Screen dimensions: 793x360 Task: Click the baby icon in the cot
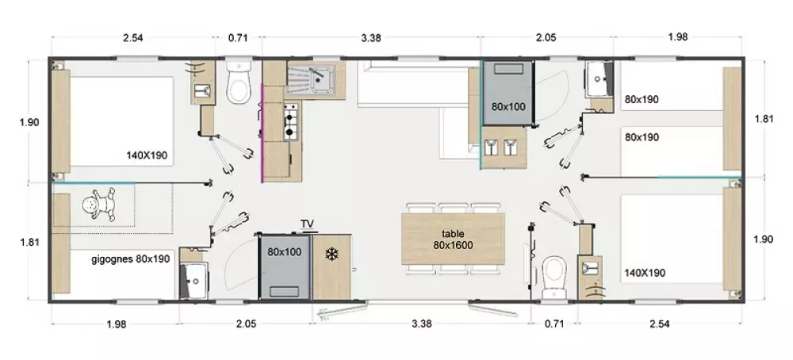(x=98, y=205)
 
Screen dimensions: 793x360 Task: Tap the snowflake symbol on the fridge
(x=331, y=255)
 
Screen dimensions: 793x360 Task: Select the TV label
(x=307, y=224)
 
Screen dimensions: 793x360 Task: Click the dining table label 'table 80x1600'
(x=453, y=239)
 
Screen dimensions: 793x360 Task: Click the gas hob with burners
(x=289, y=121)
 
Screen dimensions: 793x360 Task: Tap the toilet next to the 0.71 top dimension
(x=239, y=82)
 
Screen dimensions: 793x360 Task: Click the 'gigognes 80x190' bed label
(x=131, y=259)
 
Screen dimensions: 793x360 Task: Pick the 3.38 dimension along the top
(x=370, y=37)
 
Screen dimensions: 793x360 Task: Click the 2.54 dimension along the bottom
(x=660, y=324)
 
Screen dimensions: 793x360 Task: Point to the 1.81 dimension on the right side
(x=764, y=119)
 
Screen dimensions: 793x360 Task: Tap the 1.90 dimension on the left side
(x=29, y=122)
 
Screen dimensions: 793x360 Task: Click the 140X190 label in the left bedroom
(x=147, y=155)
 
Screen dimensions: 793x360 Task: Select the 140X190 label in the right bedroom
(x=645, y=273)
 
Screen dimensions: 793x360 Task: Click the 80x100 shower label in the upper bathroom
(x=508, y=107)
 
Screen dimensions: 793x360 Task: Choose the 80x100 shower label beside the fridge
(x=284, y=252)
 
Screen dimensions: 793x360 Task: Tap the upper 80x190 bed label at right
(x=642, y=100)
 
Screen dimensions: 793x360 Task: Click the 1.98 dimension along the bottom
(x=117, y=324)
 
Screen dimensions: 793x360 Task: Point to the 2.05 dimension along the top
(x=546, y=37)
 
